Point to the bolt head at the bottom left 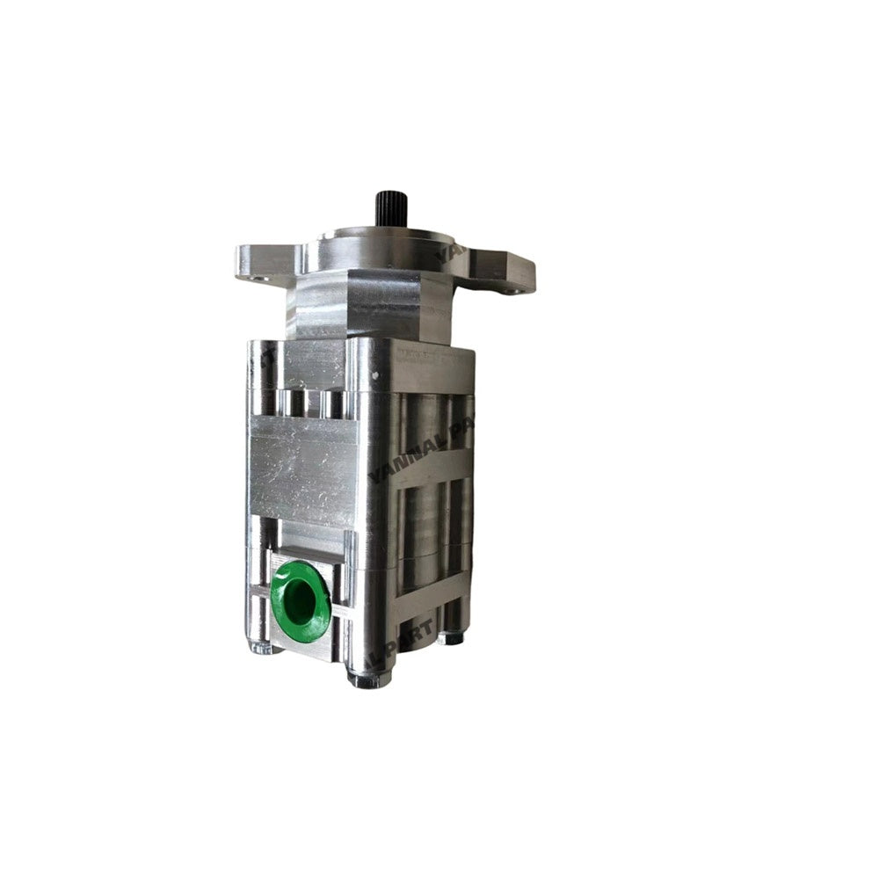click(x=261, y=649)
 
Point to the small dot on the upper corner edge click(x=376, y=375)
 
